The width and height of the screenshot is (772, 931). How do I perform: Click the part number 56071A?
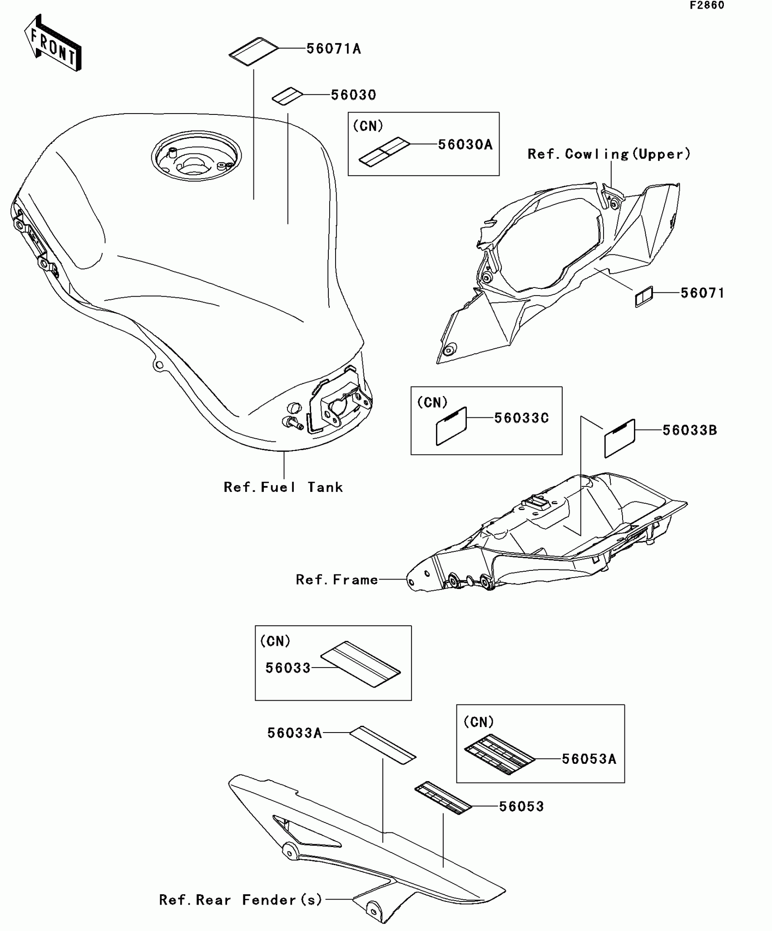point(333,49)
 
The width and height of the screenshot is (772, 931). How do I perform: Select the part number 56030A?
point(465,145)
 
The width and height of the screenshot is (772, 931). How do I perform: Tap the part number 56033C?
point(521,418)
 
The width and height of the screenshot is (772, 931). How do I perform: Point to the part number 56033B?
point(689,430)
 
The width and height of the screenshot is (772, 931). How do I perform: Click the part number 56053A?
point(589,759)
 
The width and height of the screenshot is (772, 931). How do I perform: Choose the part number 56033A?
point(294,733)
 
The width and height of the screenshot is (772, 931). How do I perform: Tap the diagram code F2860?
point(707,5)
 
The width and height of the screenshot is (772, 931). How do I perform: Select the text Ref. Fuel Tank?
point(283,487)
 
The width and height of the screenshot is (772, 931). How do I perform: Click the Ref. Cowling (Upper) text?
point(609,154)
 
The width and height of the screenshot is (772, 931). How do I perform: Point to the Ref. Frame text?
point(337,579)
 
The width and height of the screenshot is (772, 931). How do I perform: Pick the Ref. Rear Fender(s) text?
point(241,900)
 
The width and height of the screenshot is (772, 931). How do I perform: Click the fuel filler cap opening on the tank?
point(196,157)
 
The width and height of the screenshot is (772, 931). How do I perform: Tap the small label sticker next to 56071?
point(643,297)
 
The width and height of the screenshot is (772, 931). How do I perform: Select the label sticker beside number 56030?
point(287,96)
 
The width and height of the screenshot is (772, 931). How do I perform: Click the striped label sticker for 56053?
point(443,798)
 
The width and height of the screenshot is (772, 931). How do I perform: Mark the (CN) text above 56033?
point(275,641)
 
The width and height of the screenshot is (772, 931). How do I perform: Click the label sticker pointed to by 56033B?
point(619,438)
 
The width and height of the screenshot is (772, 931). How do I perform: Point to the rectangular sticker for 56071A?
point(253,51)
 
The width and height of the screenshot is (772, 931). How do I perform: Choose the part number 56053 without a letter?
point(521,807)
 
